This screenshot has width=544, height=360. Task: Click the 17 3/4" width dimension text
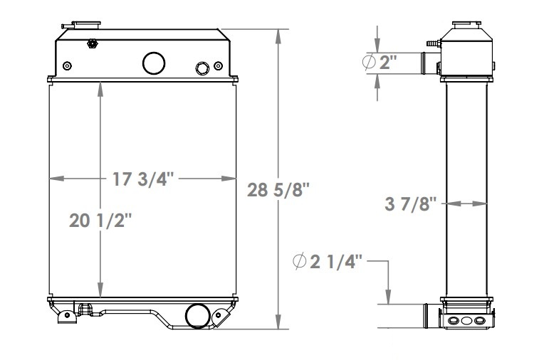[142, 179]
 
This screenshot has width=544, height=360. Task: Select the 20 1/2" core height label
[101, 221]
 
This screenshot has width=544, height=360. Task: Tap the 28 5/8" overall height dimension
[278, 190]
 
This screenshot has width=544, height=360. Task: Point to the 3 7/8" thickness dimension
[411, 205]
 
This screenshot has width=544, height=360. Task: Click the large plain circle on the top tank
[153, 63]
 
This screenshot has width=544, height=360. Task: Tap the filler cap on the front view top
[91, 25]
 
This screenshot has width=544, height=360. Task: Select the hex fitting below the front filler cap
[92, 44]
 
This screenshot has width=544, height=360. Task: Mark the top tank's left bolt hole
[67, 66]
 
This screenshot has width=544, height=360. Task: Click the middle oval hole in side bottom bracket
[466, 321]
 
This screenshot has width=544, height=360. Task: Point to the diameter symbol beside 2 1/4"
[298, 263]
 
